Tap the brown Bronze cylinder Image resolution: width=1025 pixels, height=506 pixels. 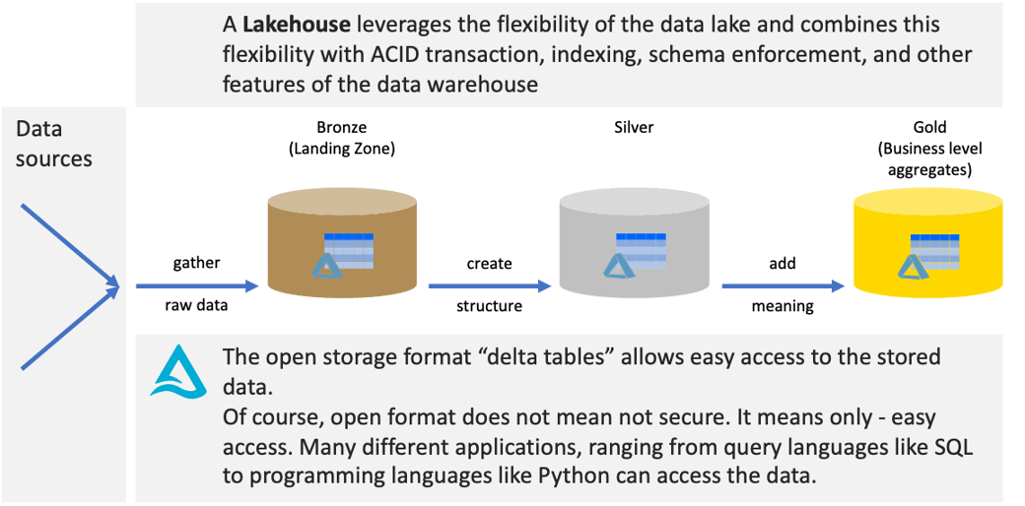pyautogui.click(x=342, y=247)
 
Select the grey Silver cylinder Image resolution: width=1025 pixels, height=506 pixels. pyautogui.click(x=633, y=247)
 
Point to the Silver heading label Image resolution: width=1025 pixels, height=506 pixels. pyautogui.click(x=634, y=128)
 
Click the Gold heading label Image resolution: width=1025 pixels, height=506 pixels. pyautogui.click(x=929, y=128)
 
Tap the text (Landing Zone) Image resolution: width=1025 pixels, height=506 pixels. pyautogui.click(x=342, y=149)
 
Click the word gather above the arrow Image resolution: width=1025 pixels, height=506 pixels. pyautogui.click(x=196, y=264)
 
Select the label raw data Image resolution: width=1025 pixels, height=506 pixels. pyautogui.click(x=196, y=305)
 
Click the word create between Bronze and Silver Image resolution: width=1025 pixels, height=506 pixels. pyautogui.click(x=490, y=264)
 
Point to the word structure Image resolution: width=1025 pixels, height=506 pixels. pyautogui.click(x=490, y=305)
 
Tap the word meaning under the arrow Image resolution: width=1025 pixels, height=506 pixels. pyautogui.click(x=783, y=306)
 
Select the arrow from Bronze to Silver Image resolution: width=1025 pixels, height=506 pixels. pyautogui.click(x=490, y=285)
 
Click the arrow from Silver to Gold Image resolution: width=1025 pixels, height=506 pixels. pyautogui.click(x=783, y=285)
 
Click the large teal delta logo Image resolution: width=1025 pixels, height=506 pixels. pyautogui.click(x=178, y=370)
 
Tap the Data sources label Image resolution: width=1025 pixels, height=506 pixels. pyautogui.click(x=54, y=144)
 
